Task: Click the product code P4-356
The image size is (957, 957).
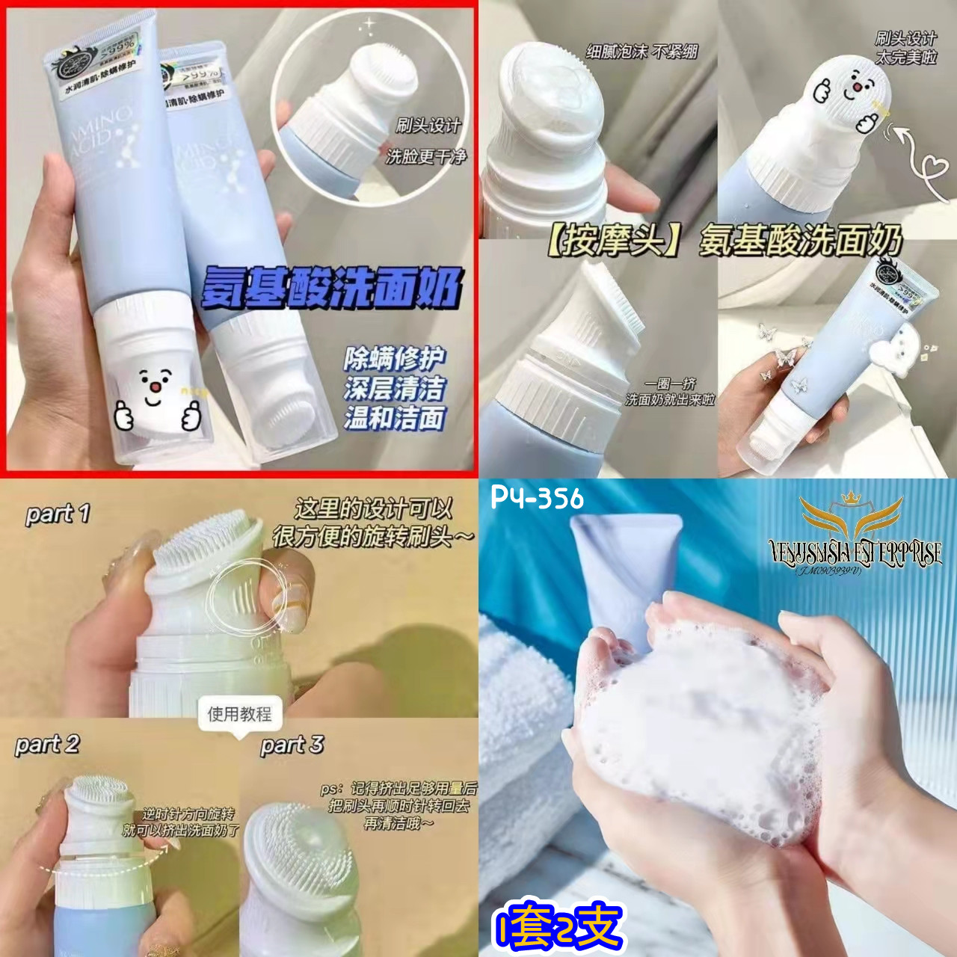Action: pyautogui.click(x=537, y=498)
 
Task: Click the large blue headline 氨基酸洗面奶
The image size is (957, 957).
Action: pyautogui.click(x=331, y=288)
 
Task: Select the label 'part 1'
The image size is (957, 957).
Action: pyautogui.click(x=58, y=514)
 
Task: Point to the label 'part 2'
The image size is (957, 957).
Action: pyautogui.click(x=46, y=744)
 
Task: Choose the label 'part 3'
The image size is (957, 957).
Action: pyautogui.click(x=292, y=745)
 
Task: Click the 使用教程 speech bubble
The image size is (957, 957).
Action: pyautogui.click(x=239, y=715)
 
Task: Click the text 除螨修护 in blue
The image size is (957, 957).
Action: pyautogui.click(x=394, y=359)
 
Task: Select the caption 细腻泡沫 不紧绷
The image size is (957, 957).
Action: pyautogui.click(x=641, y=52)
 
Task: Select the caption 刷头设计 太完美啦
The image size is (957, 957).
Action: pyautogui.click(x=905, y=47)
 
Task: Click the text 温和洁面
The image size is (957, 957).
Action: pyautogui.click(x=394, y=418)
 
